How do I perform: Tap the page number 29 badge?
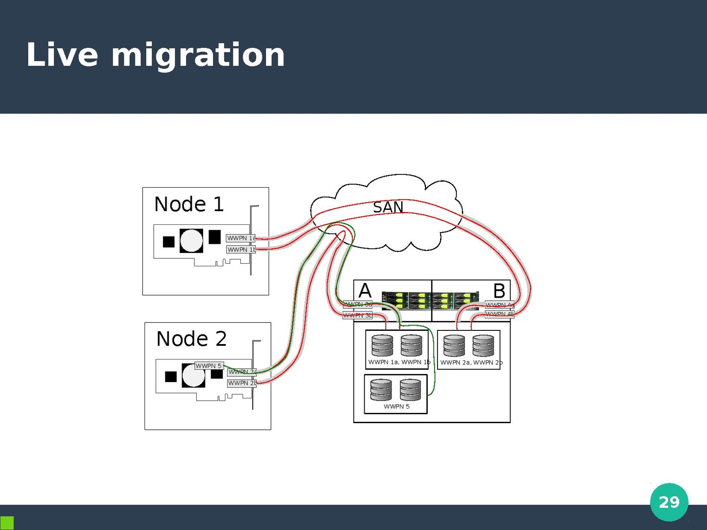tap(669, 502)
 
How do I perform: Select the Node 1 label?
tap(189, 204)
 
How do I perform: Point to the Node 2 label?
tap(191, 339)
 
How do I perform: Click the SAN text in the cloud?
tap(388, 207)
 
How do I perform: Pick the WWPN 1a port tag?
tap(241, 238)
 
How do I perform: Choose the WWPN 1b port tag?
tap(241, 250)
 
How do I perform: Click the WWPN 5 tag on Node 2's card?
tap(209, 366)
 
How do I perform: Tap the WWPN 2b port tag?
tap(242, 383)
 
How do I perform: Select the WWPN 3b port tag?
tap(357, 315)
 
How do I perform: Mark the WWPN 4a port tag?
tap(500, 305)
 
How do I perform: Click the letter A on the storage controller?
tap(365, 291)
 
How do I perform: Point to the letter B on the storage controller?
tap(499, 291)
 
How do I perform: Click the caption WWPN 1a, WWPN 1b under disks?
tap(399, 362)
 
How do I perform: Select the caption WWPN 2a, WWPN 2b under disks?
tap(471, 363)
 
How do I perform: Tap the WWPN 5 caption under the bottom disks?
tap(396, 406)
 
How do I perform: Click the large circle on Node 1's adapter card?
tap(192, 240)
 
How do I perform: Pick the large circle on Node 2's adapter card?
tap(194, 375)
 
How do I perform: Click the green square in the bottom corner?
tap(7, 522)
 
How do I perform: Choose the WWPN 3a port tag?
tap(357, 304)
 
